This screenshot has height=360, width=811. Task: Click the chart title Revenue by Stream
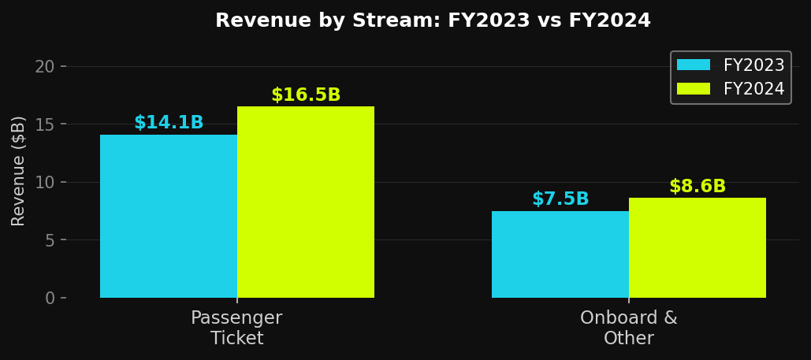tap(433, 21)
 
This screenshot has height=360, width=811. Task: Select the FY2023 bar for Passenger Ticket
tap(169, 216)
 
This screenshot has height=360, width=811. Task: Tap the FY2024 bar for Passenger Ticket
tap(306, 202)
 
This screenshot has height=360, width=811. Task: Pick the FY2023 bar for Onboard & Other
tap(560, 254)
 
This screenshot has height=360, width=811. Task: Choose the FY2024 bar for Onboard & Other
tap(698, 247)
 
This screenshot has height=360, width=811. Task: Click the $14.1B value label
tap(169, 123)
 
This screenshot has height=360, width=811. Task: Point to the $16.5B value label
tap(306, 95)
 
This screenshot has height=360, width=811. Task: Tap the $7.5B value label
tap(560, 199)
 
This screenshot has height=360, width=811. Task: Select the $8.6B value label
tap(698, 187)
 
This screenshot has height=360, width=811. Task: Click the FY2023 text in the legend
tap(753, 65)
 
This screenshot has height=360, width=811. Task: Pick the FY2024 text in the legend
tap(753, 89)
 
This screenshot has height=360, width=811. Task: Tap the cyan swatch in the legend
tap(694, 65)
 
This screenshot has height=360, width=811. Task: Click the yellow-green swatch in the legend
tap(694, 89)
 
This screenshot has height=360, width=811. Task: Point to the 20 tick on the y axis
tap(45, 66)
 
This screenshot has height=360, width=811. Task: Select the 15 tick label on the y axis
tap(45, 124)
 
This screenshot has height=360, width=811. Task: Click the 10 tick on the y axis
tap(45, 182)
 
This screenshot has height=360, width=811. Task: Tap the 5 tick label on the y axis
tap(50, 239)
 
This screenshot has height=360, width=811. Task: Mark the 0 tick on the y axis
tap(50, 298)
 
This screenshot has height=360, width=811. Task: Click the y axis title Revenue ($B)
tap(19, 170)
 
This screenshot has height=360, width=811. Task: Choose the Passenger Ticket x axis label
tap(236, 328)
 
